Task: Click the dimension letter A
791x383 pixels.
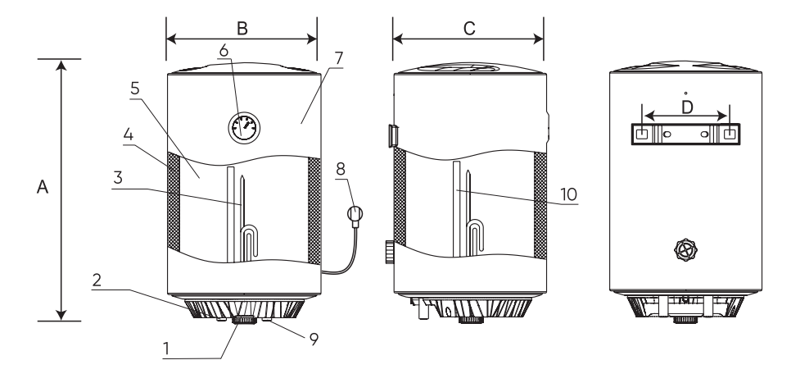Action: (42, 189)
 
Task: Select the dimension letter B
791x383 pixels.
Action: (242, 28)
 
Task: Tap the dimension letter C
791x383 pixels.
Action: (469, 28)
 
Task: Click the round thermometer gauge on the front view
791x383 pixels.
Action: (243, 128)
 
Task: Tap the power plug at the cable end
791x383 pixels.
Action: (355, 215)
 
